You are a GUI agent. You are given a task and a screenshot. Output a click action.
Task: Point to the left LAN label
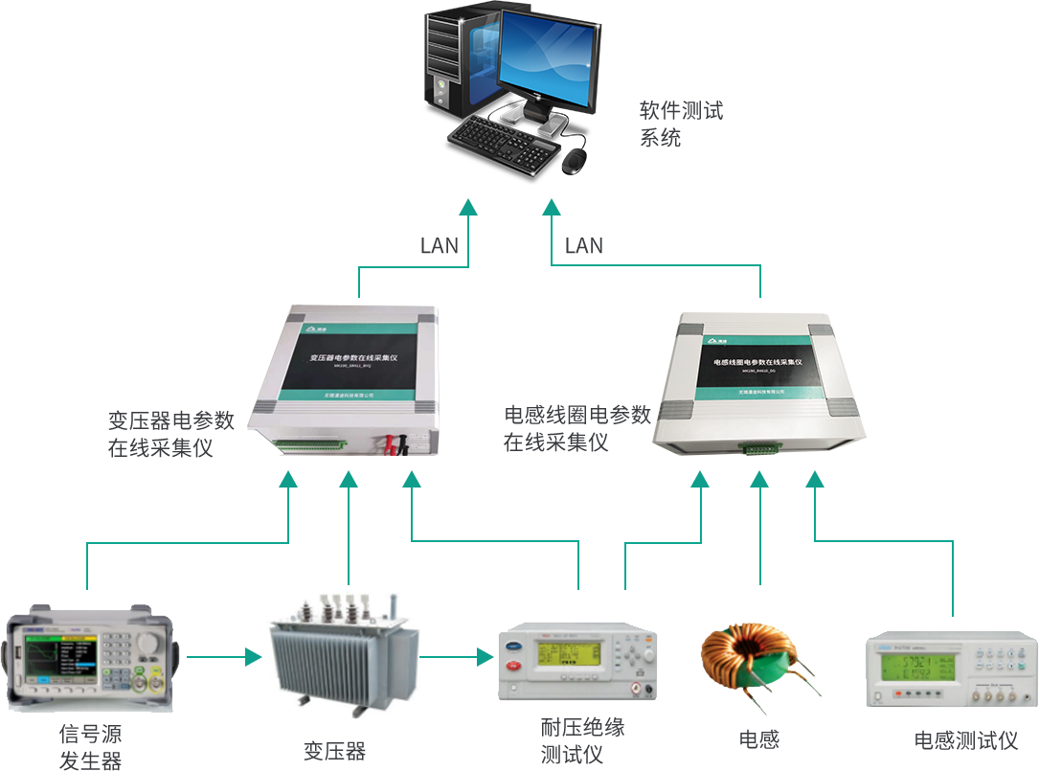(440, 246)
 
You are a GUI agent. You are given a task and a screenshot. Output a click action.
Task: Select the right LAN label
(584, 246)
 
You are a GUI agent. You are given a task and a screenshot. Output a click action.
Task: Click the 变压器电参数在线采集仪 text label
(170, 434)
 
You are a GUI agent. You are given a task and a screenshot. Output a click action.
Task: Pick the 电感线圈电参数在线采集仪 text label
(576, 428)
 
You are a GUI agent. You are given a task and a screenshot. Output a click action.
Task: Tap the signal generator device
(88, 658)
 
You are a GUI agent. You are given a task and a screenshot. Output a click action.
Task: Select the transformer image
(343, 651)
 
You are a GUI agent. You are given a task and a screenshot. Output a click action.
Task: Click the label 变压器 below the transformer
(335, 750)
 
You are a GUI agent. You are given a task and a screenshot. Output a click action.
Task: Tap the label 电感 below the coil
(759, 739)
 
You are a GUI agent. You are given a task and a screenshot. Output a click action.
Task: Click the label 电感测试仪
(965, 740)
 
